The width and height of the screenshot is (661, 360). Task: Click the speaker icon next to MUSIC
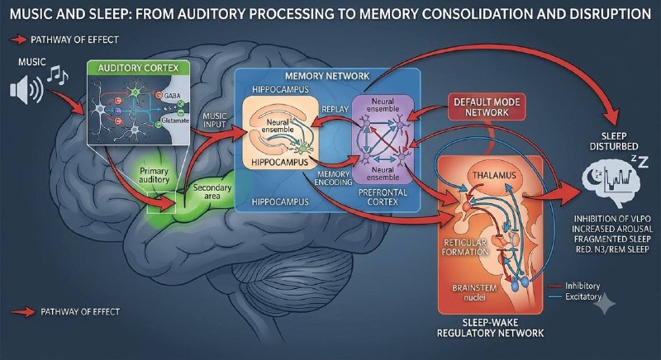(26, 89)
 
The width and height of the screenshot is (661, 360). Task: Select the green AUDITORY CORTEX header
(138, 68)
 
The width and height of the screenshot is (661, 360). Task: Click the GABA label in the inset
(172, 96)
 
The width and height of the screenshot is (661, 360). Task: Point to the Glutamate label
(175, 121)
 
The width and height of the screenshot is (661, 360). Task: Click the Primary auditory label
(154, 175)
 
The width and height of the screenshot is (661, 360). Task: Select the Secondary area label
(212, 192)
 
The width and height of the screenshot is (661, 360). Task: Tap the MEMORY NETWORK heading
(327, 76)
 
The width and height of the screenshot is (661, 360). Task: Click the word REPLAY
(335, 109)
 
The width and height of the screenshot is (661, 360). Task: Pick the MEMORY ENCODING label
(333, 178)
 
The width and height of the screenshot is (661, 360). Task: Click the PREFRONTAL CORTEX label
(383, 197)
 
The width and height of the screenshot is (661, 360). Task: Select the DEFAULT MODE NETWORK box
(487, 107)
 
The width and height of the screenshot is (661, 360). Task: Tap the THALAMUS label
(494, 175)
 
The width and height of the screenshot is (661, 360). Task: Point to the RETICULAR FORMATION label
(465, 247)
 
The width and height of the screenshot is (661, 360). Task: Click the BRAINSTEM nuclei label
(474, 292)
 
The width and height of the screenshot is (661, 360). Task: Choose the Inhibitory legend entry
(574, 286)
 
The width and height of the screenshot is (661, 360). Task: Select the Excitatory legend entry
(575, 297)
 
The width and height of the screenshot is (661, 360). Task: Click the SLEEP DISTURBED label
(614, 141)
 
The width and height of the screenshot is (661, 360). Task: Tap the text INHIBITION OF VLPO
(612, 219)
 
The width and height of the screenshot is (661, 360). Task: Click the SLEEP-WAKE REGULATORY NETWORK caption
(490, 328)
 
